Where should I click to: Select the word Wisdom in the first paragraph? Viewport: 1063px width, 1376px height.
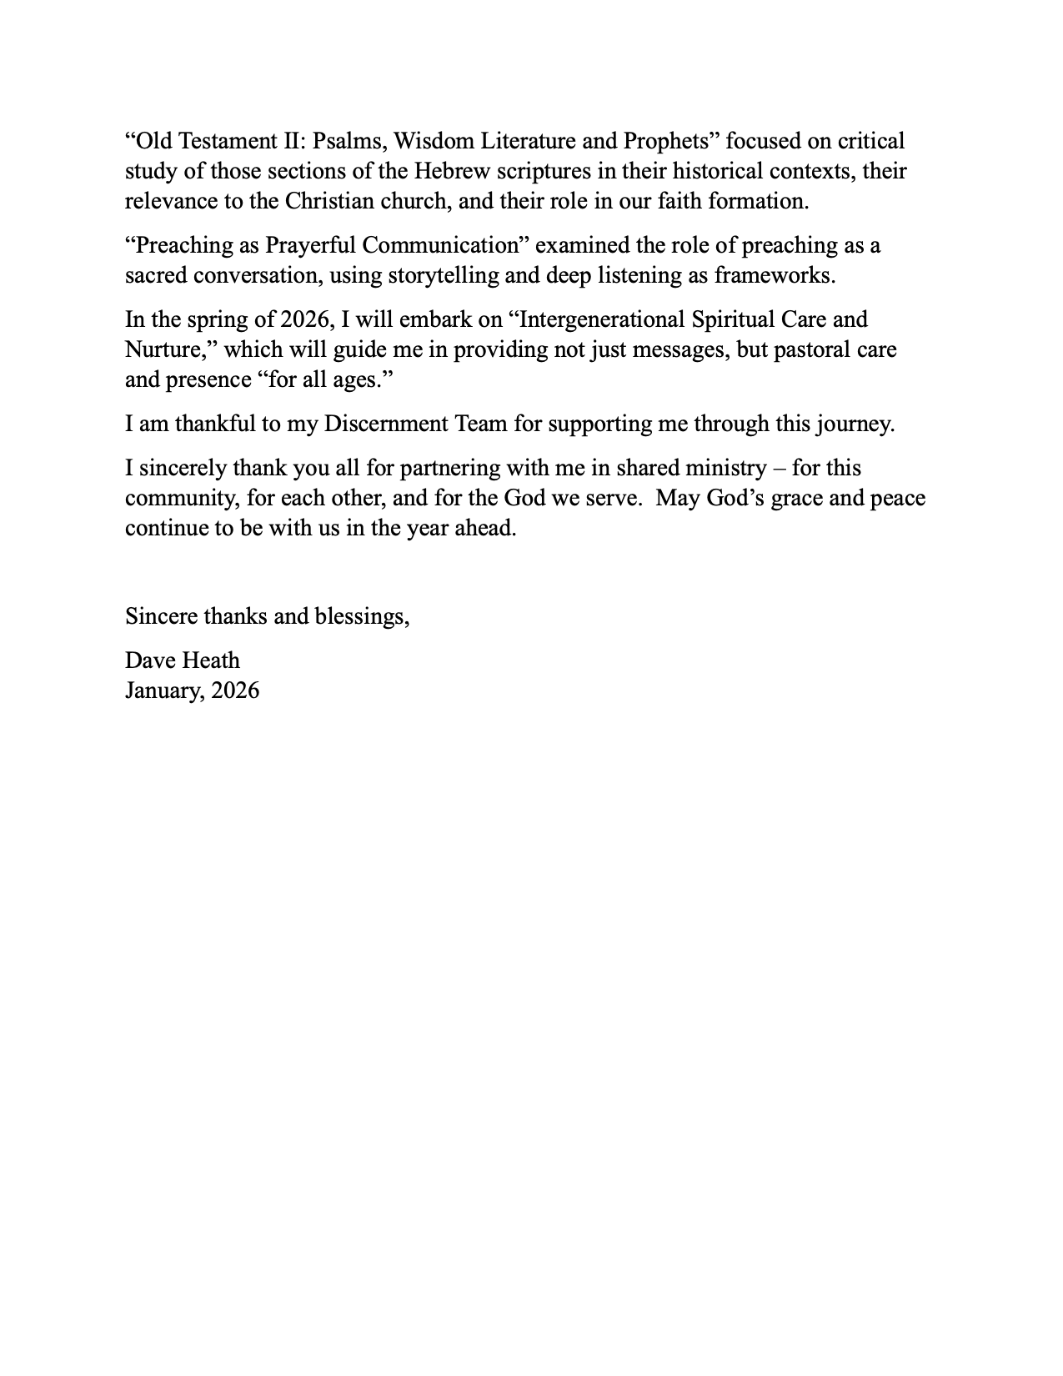tap(434, 141)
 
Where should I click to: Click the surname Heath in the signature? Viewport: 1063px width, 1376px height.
tap(213, 660)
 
